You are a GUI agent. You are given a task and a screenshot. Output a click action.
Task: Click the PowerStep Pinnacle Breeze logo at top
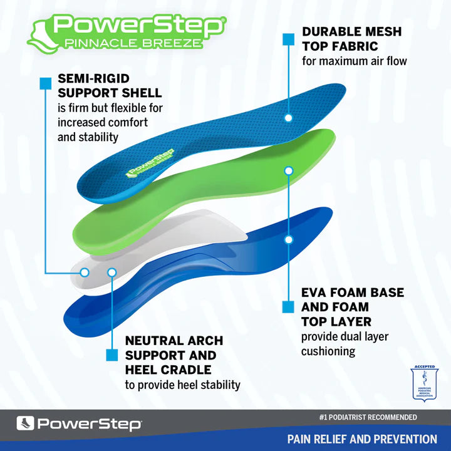click(125, 33)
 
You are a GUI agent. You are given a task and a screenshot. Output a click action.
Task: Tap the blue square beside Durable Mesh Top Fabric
click(288, 39)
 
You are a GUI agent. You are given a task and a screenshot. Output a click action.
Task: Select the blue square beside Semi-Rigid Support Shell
click(45, 83)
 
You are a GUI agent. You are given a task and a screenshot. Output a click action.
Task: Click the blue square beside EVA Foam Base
click(288, 307)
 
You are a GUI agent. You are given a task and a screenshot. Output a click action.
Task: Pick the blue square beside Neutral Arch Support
click(111, 355)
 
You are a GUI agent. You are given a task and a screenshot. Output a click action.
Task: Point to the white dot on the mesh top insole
click(288, 117)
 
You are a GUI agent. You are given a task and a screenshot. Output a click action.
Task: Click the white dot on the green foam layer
click(288, 170)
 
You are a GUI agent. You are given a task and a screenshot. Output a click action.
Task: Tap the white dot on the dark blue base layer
click(288, 239)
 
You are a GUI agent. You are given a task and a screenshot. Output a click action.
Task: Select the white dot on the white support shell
click(85, 272)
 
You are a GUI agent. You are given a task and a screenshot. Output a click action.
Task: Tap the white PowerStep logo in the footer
click(79, 424)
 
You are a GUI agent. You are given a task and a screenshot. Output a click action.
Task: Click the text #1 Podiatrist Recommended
click(368, 417)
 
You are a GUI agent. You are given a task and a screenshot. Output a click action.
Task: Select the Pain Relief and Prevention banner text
click(362, 439)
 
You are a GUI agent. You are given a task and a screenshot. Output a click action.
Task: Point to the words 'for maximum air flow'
click(354, 61)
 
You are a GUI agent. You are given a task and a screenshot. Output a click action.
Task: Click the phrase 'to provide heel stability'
click(182, 385)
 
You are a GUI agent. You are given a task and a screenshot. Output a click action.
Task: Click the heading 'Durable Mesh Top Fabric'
click(351, 39)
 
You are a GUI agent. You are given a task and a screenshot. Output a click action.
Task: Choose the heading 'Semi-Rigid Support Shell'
click(110, 86)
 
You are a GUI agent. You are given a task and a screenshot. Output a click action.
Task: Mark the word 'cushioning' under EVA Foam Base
click(328, 351)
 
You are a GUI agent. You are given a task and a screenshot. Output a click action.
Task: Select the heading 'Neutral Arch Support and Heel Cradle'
click(174, 355)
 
